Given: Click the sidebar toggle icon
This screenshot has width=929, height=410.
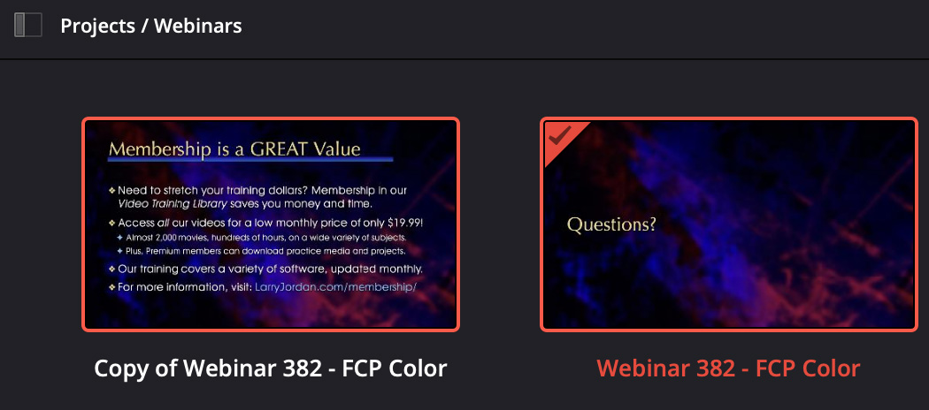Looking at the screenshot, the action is (x=27, y=26).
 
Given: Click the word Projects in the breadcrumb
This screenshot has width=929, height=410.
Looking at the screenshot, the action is (x=96, y=26).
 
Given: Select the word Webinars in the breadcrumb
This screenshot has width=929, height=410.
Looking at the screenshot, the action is (x=198, y=26).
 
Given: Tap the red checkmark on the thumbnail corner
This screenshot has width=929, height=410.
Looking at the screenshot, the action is (x=559, y=137).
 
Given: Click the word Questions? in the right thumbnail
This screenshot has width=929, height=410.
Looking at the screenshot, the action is (x=611, y=224).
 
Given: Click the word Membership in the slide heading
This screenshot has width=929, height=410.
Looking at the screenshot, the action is (x=159, y=148).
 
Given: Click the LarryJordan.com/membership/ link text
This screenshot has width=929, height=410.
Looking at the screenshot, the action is (x=336, y=287).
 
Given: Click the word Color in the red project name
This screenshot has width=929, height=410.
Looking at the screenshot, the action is (x=832, y=368).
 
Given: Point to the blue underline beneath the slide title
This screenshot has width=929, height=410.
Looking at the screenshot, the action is (x=250, y=159).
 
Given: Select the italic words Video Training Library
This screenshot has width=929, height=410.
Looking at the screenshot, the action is (x=173, y=204).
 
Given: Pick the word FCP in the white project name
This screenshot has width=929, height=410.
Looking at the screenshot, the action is (x=363, y=368).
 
